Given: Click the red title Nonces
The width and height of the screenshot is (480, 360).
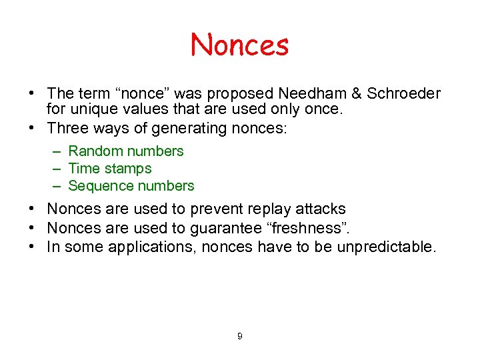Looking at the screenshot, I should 240,45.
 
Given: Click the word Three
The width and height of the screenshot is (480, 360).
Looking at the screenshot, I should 69,128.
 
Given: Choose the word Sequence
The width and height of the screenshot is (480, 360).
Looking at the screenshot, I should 100,186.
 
